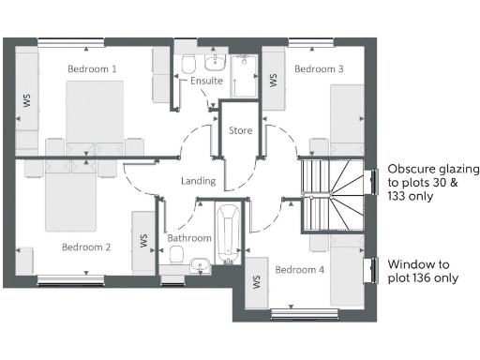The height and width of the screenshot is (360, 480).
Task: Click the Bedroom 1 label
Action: point(92,69)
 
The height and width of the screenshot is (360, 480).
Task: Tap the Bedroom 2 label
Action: point(86,247)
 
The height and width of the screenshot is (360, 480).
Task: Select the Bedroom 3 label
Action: point(319,69)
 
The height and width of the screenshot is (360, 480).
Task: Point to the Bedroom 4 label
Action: point(300,270)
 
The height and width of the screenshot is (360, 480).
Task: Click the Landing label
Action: point(199,181)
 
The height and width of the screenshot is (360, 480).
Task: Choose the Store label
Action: point(241,130)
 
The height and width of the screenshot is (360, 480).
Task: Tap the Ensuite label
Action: point(206,81)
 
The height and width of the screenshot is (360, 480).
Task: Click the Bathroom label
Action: point(189,239)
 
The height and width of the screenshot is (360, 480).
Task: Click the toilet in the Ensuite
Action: point(189,64)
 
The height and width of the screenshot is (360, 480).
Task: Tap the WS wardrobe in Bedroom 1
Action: point(24,98)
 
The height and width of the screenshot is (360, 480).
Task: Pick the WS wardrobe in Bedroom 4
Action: point(256,281)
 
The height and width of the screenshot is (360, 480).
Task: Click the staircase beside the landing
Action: point(336,197)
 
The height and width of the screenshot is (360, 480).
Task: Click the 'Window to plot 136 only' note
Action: point(423,271)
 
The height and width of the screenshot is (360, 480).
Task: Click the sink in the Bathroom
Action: point(199,265)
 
